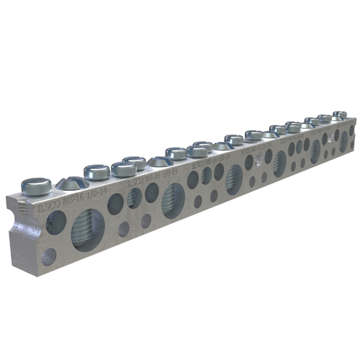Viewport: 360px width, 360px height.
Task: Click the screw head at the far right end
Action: coord(340,115)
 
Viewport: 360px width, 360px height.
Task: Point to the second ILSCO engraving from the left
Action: coord(137,184)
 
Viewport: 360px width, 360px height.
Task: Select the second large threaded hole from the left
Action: coord(173,199)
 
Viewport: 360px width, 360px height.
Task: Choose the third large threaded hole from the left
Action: coord(234,178)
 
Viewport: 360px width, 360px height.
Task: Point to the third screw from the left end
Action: coord(96,171)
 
